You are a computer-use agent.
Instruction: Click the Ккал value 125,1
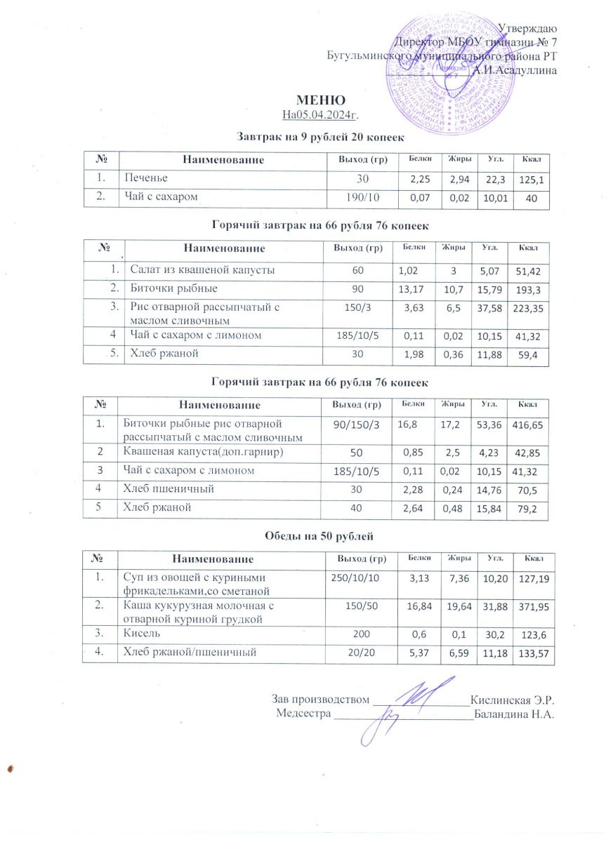coord(532,180)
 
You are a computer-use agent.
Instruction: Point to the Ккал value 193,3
coord(531,289)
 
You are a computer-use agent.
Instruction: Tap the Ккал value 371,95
coord(531,606)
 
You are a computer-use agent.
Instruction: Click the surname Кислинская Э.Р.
coord(513,700)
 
